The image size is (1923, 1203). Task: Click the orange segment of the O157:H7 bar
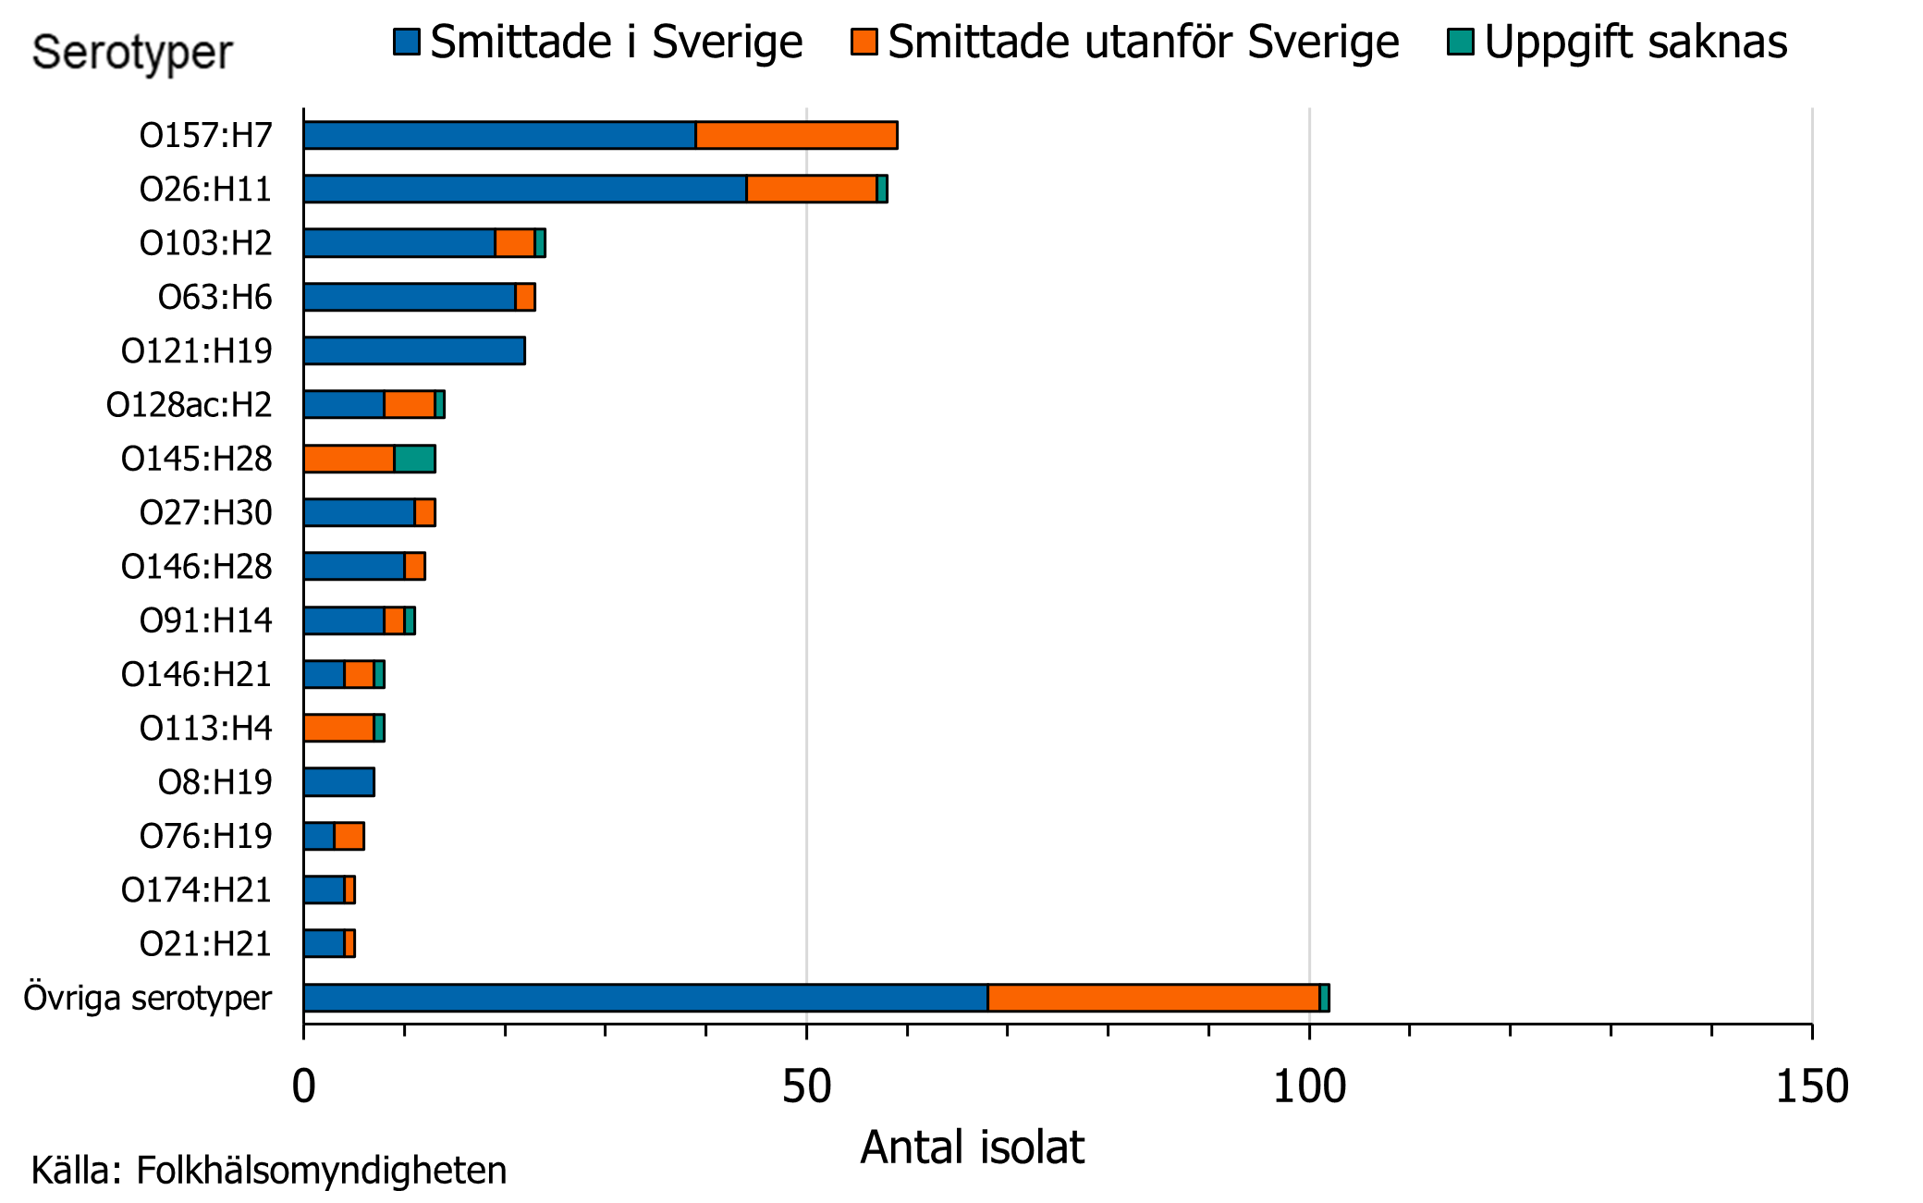[796, 135]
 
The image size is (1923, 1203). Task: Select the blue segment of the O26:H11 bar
[524, 189]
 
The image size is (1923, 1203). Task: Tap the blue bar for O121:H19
[414, 350]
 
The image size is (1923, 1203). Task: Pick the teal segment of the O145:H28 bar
[415, 459]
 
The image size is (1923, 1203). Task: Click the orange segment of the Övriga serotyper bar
[1153, 998]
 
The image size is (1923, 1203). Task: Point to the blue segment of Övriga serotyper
[645, 998]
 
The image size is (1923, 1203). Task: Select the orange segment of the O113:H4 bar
[339, 728]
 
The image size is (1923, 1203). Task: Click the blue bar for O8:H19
[339, 782]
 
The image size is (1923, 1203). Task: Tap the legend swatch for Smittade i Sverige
[407, 42]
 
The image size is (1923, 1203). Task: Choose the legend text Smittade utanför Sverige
[1143, 42]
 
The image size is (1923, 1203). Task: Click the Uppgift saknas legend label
[1635, 42]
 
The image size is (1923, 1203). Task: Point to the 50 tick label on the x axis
[806, 1086]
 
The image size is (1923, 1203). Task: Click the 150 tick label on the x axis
[1811, 1086]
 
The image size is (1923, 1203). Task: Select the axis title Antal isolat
[972, 1148]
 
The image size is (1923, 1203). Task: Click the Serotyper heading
[132, 52]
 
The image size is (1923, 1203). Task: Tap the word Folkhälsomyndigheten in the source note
[321, 1171]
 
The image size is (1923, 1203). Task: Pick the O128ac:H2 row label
[189, 405]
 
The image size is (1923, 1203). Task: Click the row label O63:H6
[214, 297]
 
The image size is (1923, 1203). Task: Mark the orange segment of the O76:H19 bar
[349, 836]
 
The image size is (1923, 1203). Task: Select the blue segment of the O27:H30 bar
[359, 512]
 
